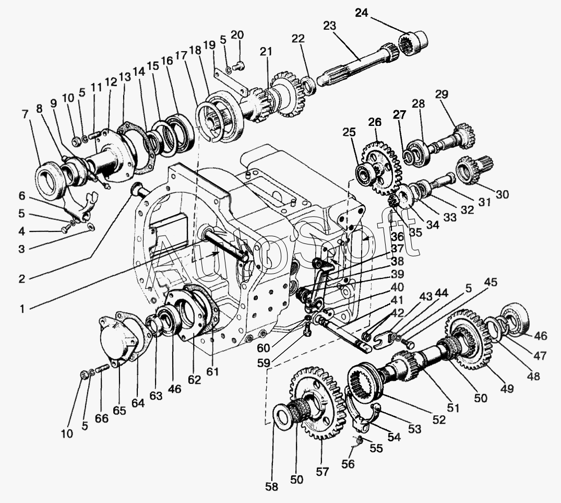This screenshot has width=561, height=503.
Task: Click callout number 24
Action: coord(361,13)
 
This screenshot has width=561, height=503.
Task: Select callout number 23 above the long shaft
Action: coord(330,26)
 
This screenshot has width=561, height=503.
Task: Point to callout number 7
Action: coord(25,114)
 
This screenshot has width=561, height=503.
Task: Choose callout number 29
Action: coord(442,94)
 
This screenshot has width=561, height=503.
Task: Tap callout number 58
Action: coord(271,486)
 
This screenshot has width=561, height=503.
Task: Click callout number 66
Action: coord(102,418)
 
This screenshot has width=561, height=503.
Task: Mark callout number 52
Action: coord(439,419)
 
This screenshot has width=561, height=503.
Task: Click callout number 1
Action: coord(22,309)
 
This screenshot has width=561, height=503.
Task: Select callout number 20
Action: coord(237,34)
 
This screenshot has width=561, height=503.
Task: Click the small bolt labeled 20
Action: coord(238,66)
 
